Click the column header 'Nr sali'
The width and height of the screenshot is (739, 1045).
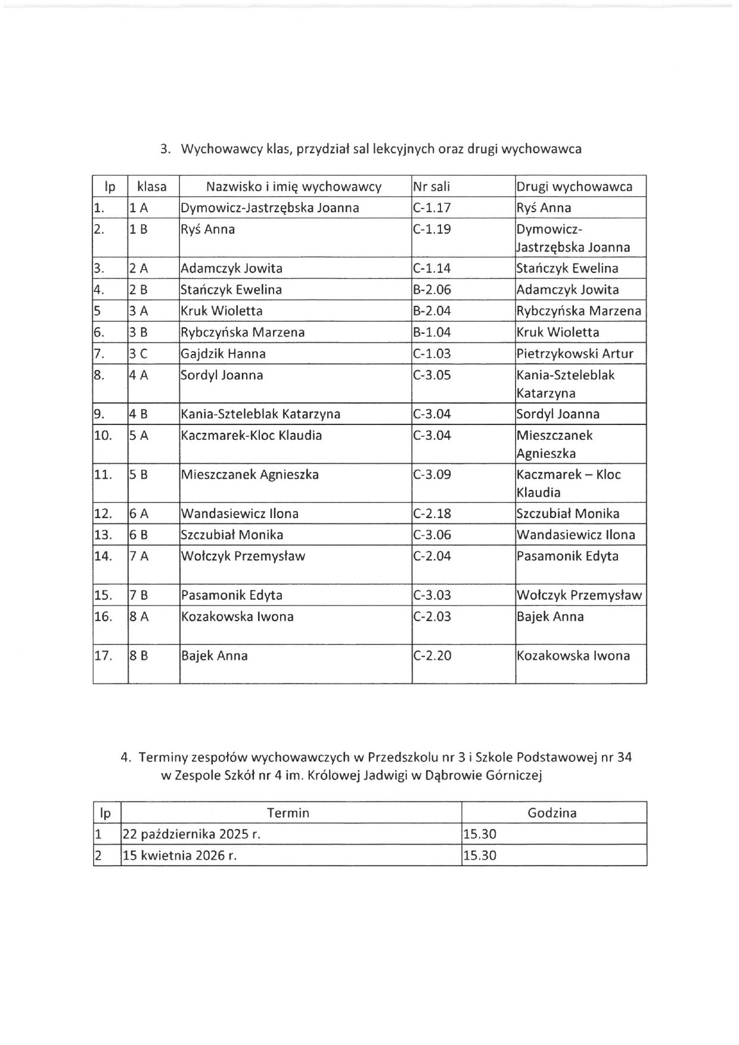coord(431,187)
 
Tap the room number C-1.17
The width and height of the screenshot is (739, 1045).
coord(431,208)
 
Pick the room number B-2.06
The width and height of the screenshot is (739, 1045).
coord(431,290)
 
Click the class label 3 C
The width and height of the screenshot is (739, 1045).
coord(138,354)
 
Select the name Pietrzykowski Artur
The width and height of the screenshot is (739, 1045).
coord(575,354)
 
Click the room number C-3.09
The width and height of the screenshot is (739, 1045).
coord(431,475)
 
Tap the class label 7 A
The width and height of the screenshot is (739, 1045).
coord(139,557)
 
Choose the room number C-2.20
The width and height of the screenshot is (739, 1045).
coord(431,656)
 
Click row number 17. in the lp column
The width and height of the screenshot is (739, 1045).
coord(103,656)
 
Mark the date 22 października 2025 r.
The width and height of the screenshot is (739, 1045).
coord(191,835)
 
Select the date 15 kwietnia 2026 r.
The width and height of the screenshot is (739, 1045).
coord(179,856)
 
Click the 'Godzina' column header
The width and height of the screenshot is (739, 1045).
coord(552,813)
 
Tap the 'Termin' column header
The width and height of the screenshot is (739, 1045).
coord(288,813)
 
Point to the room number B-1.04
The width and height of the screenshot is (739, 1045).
coord(431,333)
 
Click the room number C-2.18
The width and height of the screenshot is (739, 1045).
coord(431,514)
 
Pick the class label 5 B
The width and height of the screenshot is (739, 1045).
coord(138,475)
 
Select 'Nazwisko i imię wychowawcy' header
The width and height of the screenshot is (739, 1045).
coord(293,187)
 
